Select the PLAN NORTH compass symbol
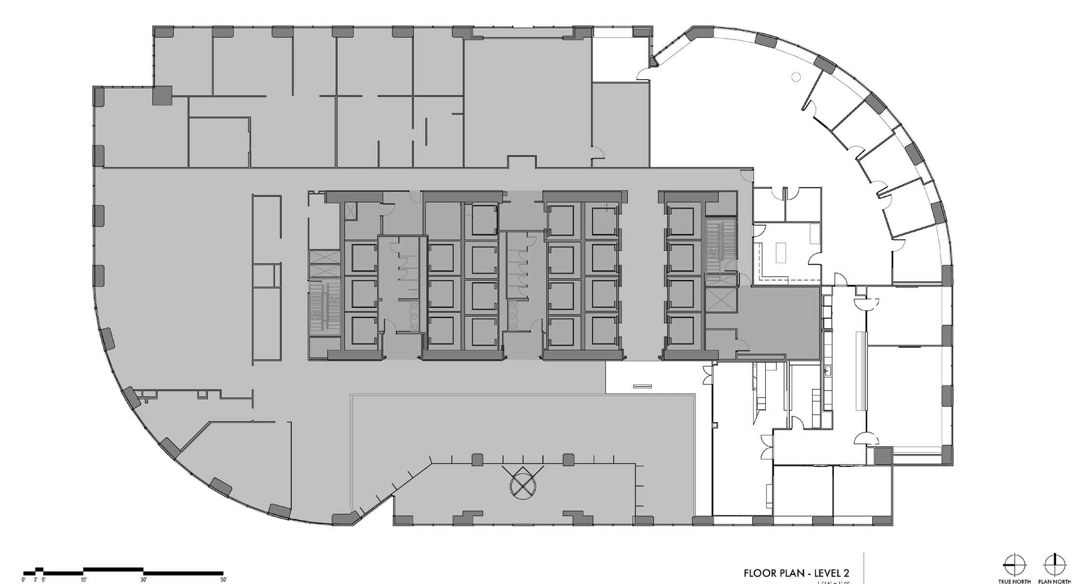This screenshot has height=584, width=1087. (x=1054, y=563)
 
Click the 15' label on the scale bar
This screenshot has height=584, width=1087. (x=84, y=580)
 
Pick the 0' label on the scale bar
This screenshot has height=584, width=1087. (x=24, y=580)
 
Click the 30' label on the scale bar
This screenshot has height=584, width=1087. (x=143, y=580)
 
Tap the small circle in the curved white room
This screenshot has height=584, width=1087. (x=796, y=77)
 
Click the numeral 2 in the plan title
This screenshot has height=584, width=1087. (x=846, y=573)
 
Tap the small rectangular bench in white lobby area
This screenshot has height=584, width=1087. (x=642, y=386)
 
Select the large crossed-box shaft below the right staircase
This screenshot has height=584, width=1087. (x=720, y=301)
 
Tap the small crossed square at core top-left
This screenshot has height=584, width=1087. (x=351, y=211)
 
